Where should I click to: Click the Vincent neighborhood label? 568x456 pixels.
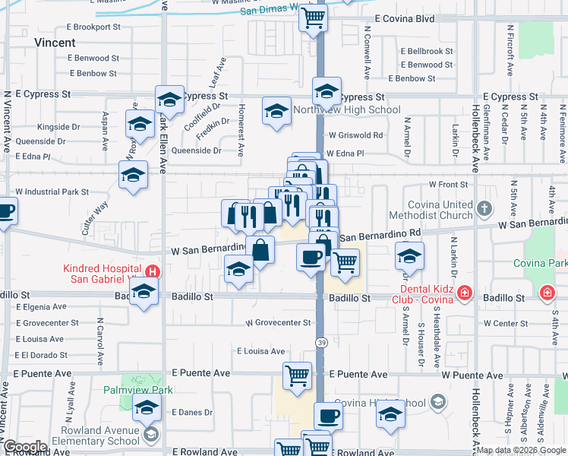click(x=55, y=43)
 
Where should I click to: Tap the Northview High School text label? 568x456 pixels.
click(x=346, y=110)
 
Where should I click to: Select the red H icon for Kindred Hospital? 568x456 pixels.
click(x=153, y=271)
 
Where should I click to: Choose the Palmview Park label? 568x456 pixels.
click(x=138, y=390)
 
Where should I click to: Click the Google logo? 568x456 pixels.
click(x=24, y=447)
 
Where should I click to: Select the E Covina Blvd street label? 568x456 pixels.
click(x=403, y=18)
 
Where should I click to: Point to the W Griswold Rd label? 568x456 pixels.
click(x=355, y=135)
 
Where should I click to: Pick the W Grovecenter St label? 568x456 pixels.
click(x=278, y=323)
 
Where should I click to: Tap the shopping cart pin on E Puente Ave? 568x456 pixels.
click(x=297, y=374)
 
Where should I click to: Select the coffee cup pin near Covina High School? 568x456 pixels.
click(x=327, y=415)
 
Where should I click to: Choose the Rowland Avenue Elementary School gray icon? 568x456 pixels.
click(x=150, y=434)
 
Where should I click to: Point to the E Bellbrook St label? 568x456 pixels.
click(x=427, y=52)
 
